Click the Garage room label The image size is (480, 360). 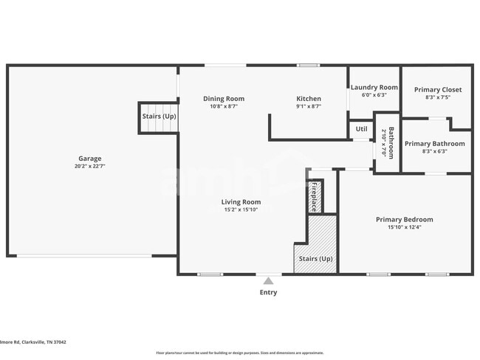(x=90, y=159)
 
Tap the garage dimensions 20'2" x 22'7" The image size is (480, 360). (x=90, y=167)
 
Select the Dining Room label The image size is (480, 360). (x=224, y=99)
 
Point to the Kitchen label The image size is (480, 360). (x=309, y=99)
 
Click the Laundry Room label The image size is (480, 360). (x=374, y=87)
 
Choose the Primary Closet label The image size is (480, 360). (x=437, y=89)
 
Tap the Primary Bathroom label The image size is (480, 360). (x=435, y=144)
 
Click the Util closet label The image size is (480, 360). (x=361, y=129)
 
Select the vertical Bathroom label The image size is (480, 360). (x=391, y=142)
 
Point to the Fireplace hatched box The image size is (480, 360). (x=314, y=197)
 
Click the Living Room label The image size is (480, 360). (x=241, y=201)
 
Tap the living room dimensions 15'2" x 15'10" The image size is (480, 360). (x=241, y=210)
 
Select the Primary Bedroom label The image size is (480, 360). (x=404, y=219)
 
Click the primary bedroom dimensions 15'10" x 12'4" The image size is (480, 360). (x=404, y=227)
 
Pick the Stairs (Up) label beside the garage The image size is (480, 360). (x=159, y=117)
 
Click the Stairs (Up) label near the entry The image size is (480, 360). (x=315, y=259)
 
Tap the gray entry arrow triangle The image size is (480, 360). (x=268, y=280)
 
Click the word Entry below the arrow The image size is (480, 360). (x=268, y=293)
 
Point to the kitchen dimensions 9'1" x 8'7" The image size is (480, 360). (x=309, y=106)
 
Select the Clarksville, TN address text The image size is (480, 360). (x=33, y=342)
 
